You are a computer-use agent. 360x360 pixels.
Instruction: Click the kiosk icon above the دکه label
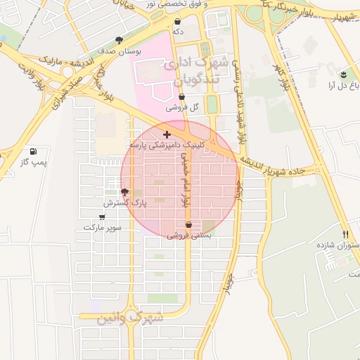point(178,21)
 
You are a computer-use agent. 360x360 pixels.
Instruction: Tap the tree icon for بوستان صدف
point(118,40)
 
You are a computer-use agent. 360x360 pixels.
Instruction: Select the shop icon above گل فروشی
point(181,97)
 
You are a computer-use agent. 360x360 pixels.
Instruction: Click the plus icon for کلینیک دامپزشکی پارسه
point(167,134)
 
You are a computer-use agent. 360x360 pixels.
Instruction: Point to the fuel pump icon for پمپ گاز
point(33,151)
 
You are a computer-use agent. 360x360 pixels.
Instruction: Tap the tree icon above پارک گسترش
point(125,191)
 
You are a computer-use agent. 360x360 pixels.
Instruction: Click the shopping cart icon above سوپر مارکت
point(103,217)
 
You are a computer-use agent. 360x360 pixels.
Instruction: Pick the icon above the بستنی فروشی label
point(188,225)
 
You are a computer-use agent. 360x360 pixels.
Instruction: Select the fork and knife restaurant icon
point(345,234)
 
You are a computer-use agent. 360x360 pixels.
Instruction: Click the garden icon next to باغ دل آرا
point(343,75)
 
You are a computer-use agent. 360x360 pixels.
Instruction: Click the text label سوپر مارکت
point(103,228)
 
